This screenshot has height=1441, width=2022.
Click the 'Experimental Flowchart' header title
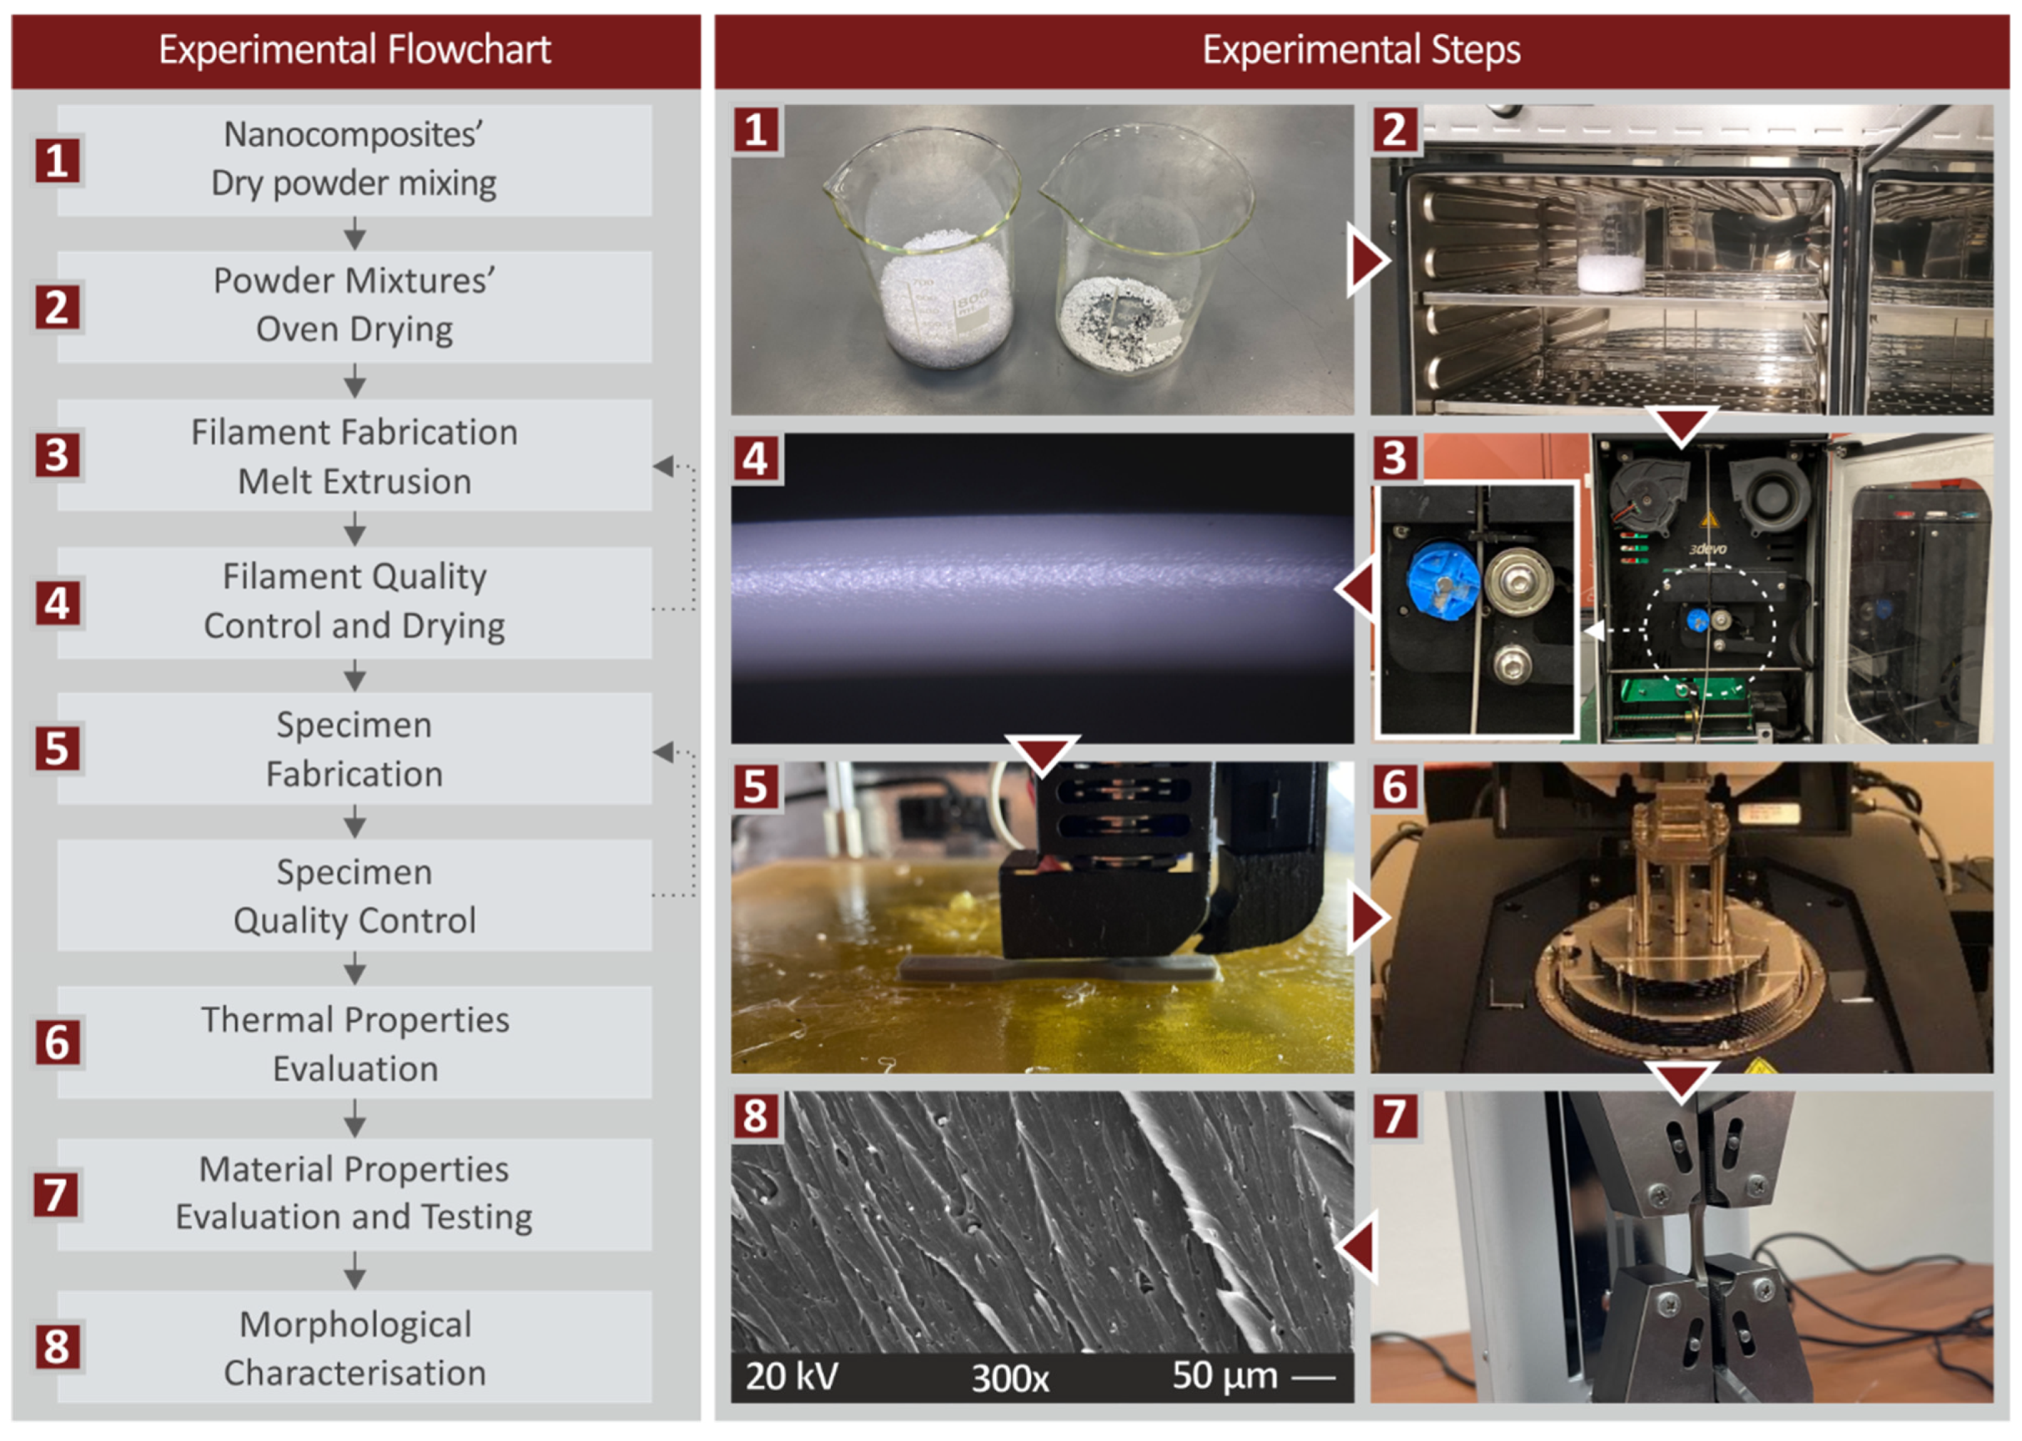coord(355,50)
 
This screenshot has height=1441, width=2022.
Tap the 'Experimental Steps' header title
coord(1361,50)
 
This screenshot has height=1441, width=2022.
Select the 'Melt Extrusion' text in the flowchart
coord(355,482)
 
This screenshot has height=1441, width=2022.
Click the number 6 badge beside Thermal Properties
coord(58,1043)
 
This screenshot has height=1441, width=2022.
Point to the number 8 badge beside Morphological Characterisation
coord(58,1347)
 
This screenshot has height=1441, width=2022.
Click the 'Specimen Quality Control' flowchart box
coord(355,896)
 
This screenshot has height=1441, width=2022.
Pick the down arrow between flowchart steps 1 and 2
coord(355,234)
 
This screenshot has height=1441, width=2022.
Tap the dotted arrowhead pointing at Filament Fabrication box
coord(663,466)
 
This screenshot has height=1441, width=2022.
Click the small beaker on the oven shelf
coord(1610,245)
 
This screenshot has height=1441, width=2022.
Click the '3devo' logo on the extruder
coord(1708,549)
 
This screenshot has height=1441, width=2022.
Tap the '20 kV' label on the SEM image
coord(791,1376)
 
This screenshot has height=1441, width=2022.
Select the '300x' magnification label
coord(1010,1378)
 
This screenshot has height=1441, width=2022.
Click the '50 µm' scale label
coord(1225,1376)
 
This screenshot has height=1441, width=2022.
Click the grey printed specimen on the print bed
coord(1056,967)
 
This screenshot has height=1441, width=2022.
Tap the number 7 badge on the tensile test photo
coord(1394,1116)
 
